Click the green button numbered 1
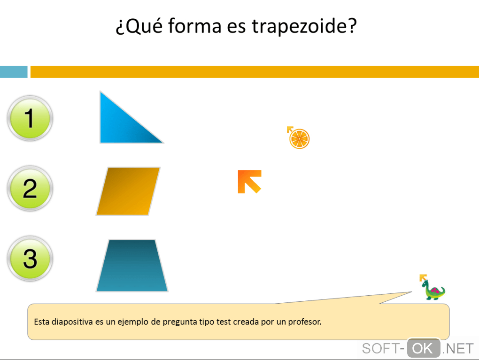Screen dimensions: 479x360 pos(30,118)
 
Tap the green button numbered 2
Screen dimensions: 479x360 pos(30,188)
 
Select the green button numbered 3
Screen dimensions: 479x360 pos(30,259)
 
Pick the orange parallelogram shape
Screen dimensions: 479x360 pos(128,191)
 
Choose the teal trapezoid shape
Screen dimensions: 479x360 pos(132,265)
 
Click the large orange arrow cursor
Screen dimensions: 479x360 pos(249,181)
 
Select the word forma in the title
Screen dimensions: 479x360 pos(194,26)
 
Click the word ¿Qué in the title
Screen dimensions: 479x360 pos(139,26)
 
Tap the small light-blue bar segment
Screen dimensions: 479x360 pos(14,72)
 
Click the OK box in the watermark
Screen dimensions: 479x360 pos(424,348)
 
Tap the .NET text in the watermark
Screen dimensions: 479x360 pos(458,349)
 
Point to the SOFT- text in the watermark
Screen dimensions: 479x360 pos(383,349)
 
